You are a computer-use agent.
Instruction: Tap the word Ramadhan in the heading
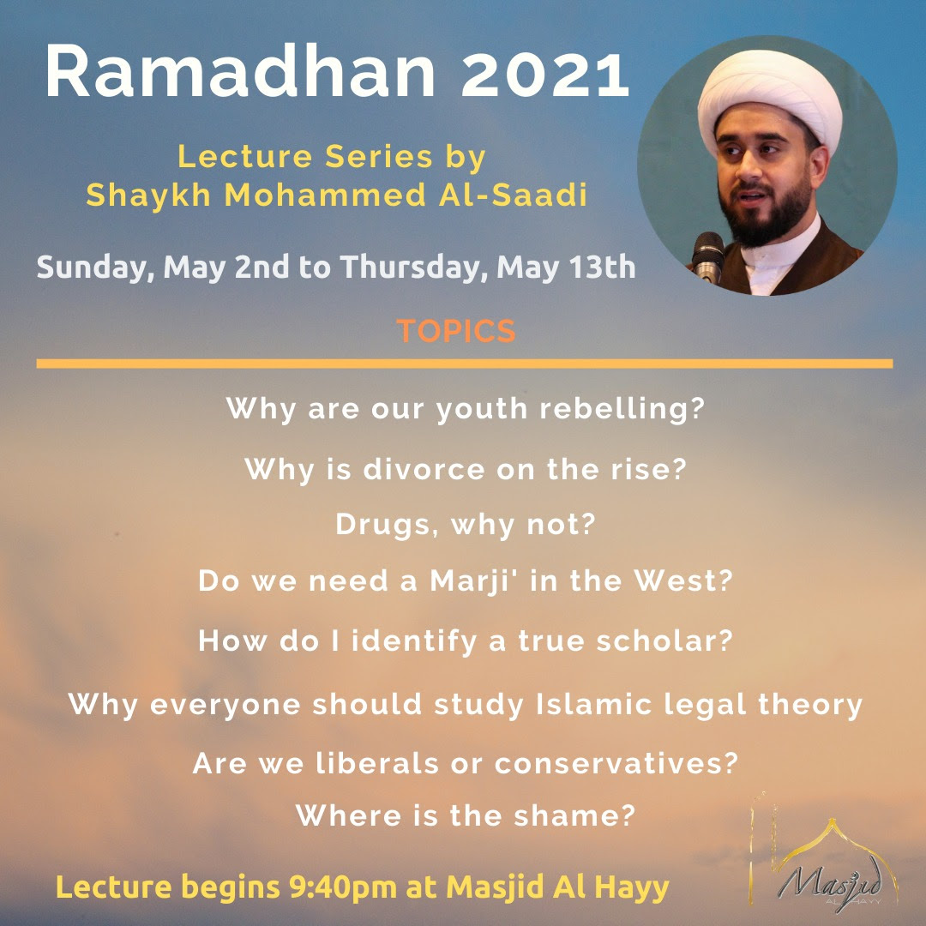240,71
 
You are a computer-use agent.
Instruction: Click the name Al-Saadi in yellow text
514,195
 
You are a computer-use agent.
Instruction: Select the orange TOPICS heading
456,331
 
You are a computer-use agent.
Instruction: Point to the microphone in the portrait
707,257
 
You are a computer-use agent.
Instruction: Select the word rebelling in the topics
622,408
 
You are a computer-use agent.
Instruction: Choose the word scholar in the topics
664,640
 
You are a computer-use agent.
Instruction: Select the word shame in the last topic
574,815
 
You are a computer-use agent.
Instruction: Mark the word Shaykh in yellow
148,195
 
